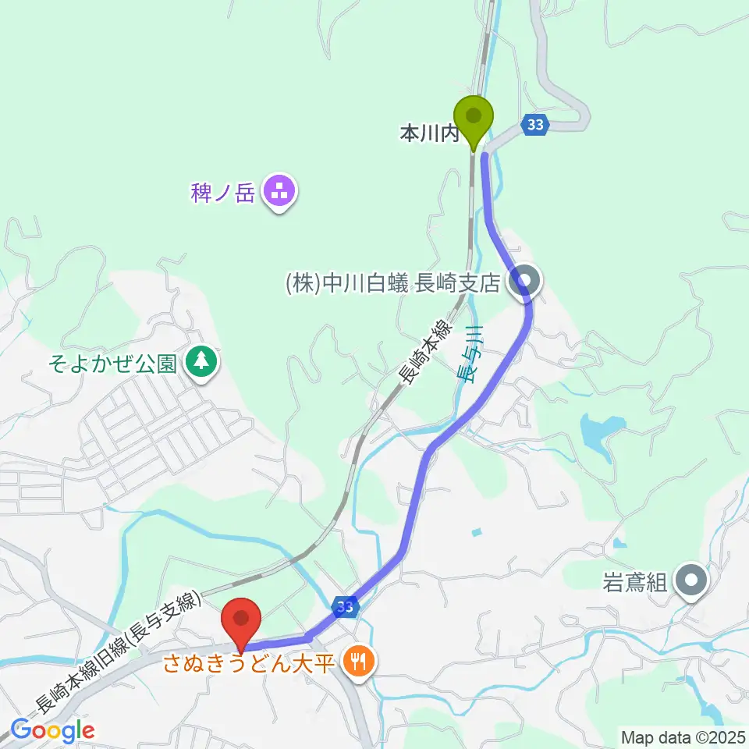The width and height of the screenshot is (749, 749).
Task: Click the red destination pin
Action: pyautogui.click(x=241, y=621)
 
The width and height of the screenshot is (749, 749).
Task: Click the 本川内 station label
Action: pyautogui.click(x=428, y=134)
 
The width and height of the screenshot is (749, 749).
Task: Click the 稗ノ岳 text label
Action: pyautogui.click(x=223, y=192)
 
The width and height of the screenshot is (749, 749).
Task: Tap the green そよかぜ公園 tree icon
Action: pyautogui.click(x=203, y=361)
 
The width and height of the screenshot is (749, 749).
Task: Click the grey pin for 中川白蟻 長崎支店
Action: pyautogui.click(x=526, y=282)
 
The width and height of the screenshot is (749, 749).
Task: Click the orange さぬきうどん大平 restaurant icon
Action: pyautogui.click(x=360, y=663)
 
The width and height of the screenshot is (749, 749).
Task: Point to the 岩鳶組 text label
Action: pyautogui.click(x=635, y=583)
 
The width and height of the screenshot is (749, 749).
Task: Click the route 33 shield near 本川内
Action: pyautogui.click(x=534, y=124)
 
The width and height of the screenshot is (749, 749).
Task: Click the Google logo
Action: pyautogui.click(x=52, y=730)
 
